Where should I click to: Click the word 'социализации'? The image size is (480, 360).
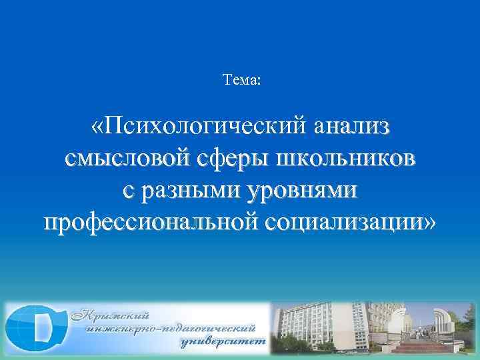pyautogui.click(x=340, y=222)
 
